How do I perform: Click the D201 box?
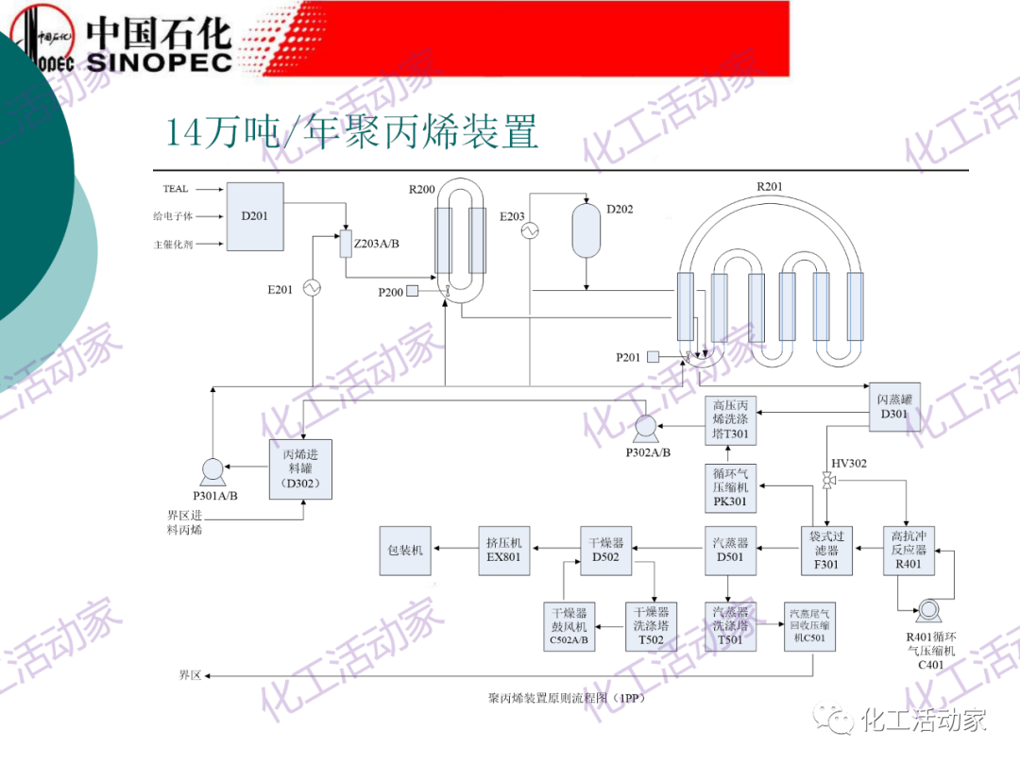coord(255,216)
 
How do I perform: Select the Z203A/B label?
coord(377,244)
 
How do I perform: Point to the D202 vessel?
coord(587,229)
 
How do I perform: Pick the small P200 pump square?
coord(414,292)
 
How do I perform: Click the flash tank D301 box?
coord(893,406)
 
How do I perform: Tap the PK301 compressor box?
coord(730,487)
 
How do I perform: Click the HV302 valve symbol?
coord(828,483)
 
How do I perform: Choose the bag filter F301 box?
coord(825,550)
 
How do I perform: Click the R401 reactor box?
coord(909,550)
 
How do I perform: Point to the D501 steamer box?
coord(730,550)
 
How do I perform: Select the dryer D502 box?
coord(605,550)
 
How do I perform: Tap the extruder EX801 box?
coord(503,550)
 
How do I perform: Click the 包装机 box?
coord(405,550)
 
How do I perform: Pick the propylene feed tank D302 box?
coord(301,469)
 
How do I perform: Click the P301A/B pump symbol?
coord(211,469)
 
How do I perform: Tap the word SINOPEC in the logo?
coord(159,61)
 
